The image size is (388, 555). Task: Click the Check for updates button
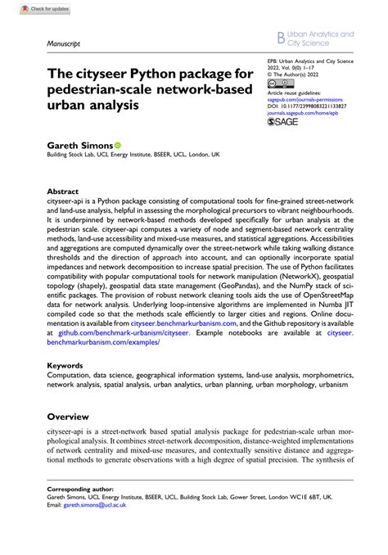(27, 7)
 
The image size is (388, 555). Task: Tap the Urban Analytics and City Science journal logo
(314, 38)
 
